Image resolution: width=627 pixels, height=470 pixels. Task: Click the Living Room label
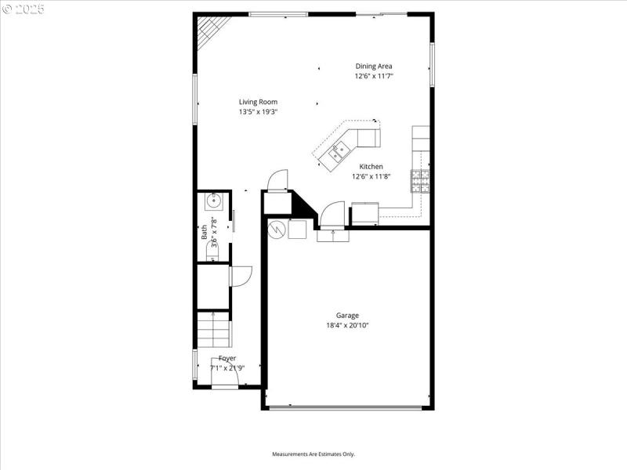258,102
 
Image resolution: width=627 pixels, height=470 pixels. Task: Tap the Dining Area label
373,67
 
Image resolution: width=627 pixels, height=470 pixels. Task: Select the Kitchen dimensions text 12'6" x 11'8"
371,176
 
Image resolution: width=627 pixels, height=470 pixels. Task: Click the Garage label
347,316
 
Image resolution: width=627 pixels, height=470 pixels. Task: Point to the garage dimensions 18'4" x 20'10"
347,325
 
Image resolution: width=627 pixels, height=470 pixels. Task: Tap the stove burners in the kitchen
419,181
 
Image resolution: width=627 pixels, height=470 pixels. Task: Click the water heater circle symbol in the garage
277,230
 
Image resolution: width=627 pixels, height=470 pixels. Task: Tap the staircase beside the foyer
213,329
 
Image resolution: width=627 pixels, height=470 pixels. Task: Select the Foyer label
227,358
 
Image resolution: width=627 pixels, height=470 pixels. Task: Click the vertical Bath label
204,231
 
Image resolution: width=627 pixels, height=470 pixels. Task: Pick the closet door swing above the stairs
240,276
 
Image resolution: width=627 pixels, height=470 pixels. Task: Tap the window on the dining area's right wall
431,65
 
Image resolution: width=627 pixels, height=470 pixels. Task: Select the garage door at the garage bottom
347,407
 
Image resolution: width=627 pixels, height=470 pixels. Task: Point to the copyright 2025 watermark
24,9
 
